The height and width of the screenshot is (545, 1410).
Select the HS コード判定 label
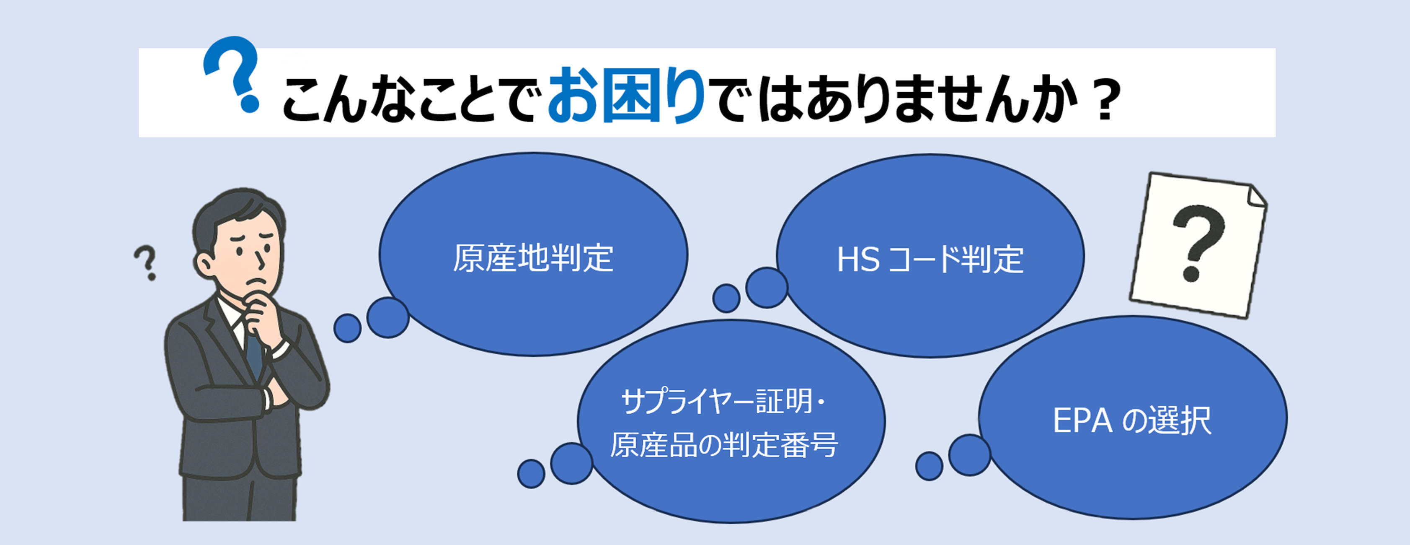930,259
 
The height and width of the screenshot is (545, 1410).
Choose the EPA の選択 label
1132,420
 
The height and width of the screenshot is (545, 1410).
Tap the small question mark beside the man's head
146,263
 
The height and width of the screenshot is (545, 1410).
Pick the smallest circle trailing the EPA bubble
929,466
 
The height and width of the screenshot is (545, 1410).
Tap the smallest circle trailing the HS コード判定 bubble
726,298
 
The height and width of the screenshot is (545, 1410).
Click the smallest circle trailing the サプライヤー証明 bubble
531,473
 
